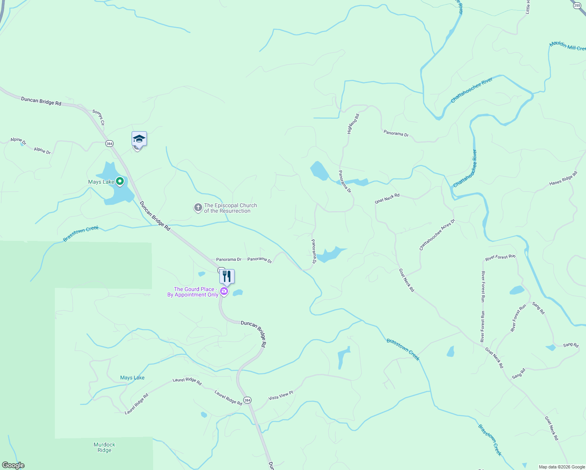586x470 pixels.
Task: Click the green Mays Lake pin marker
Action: (x=120, y=181)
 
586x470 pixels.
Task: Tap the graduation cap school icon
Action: (x=139, y=139)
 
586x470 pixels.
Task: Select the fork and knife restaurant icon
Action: (x=227, y=276)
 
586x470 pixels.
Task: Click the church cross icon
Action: (x=198, y=208)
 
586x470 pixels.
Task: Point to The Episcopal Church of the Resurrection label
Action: (x=230, y=208)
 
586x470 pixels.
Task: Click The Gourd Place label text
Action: (x=193, y=292)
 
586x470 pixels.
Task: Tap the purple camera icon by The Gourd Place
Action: (x=224, y=291)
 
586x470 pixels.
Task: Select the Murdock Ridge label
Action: (x=105, y=447)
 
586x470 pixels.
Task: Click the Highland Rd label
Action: (x=353, y=124)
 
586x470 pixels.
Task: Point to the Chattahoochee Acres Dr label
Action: (x=437, y=235)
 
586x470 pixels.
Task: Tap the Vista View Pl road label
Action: (x=280, y=395)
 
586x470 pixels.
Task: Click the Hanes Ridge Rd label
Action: (x=563, y=179)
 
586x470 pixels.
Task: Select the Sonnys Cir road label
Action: (x=99, y=117)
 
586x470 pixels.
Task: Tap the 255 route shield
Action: (x=577, y=5)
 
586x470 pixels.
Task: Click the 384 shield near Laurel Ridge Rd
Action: (x=247, y=400)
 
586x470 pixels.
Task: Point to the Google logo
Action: (x=13, y=465)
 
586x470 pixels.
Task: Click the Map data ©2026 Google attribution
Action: (x=562, y=467)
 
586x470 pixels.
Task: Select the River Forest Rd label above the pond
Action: (x=500, y=257)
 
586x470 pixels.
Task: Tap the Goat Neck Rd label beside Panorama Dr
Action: (x=387, y=198)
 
